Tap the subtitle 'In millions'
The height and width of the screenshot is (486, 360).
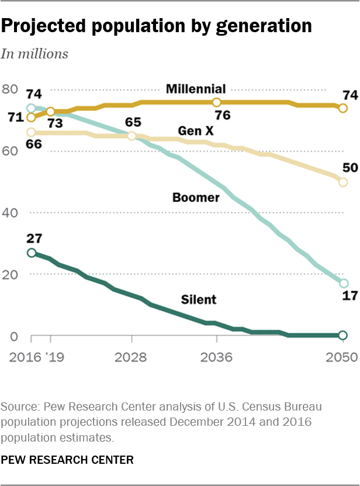[34, 54]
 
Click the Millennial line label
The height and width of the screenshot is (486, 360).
[195, 89]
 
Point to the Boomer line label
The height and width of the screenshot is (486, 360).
[196, 198]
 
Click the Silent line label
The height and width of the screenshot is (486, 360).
[198, 299]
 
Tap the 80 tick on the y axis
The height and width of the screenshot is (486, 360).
[9, 89]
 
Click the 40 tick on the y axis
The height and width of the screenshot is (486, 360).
[9, 213]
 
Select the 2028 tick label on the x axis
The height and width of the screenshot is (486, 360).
[132, 357]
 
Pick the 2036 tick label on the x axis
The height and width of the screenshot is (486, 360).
[217, 357]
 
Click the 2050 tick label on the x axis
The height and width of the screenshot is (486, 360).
[342, 357]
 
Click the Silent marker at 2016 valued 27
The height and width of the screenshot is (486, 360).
[32, 253]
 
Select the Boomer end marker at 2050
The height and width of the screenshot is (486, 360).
[343, 284]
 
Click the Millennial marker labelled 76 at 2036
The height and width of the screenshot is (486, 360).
[217, 102]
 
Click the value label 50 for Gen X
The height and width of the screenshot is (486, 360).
[349, 168]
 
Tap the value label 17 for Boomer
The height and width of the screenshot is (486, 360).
[349, 295]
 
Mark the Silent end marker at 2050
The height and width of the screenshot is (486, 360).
[343, 335]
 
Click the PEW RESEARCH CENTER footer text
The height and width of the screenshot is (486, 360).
[67, 460]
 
